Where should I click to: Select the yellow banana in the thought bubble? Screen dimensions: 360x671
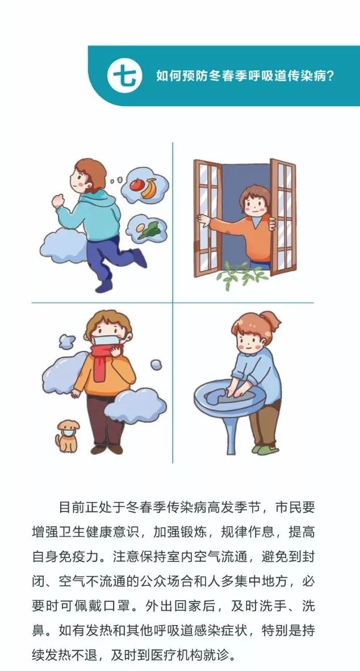pyautogui.click(x=150, y=188)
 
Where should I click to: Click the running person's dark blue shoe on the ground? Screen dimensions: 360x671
pyautogui.click(x=104, y=286)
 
